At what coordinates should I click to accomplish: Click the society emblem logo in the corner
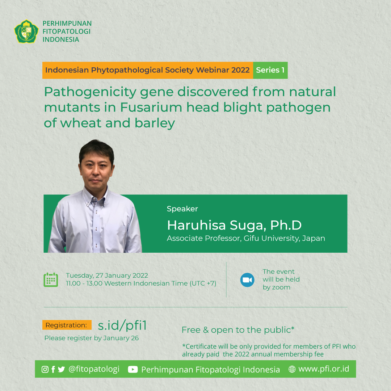pyautogui.click(x=26, y=31)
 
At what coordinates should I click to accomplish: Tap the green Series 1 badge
pyautogui.click(x=270, y=70)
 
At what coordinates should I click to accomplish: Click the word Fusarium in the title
pyautogui.click(x=151, y=108)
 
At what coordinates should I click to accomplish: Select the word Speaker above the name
pyautogui.click(x=182, y=209)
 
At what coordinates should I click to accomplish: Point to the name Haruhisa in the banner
pyautogui.click(x=197, y=225)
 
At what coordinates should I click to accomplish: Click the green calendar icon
pyautogui.click(x=51, y=279)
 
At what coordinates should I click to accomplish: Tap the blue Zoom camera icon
pyautogui.click(x=247, y=280)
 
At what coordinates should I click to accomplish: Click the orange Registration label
pyautogui.click(x=67, y=325)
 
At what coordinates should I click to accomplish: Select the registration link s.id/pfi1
pyautogui.click(x=122, y=325)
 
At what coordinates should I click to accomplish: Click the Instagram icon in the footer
pyautogui.click(x=45, y=369)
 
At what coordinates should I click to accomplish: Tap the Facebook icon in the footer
pyautogui.click(x=53, y=369)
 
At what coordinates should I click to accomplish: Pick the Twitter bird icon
pyautogui.click(x=61, y=369)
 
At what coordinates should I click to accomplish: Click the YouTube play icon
pyautogui.click(x=133, y=369)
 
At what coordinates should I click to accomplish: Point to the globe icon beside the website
pyautogui.click(x=292, y=369)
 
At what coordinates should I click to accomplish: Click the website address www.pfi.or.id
pyautogui.click(x=324, y=369)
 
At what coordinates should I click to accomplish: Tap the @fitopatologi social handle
pyautogui.click(x=94, y=369)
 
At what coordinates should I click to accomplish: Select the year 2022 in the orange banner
pyautogui.click(x=240, y=70)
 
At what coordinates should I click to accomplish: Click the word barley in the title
pyautogui.click(x=155, y=123)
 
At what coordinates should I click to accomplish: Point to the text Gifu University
pyautogui.click(x=272, y=238)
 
